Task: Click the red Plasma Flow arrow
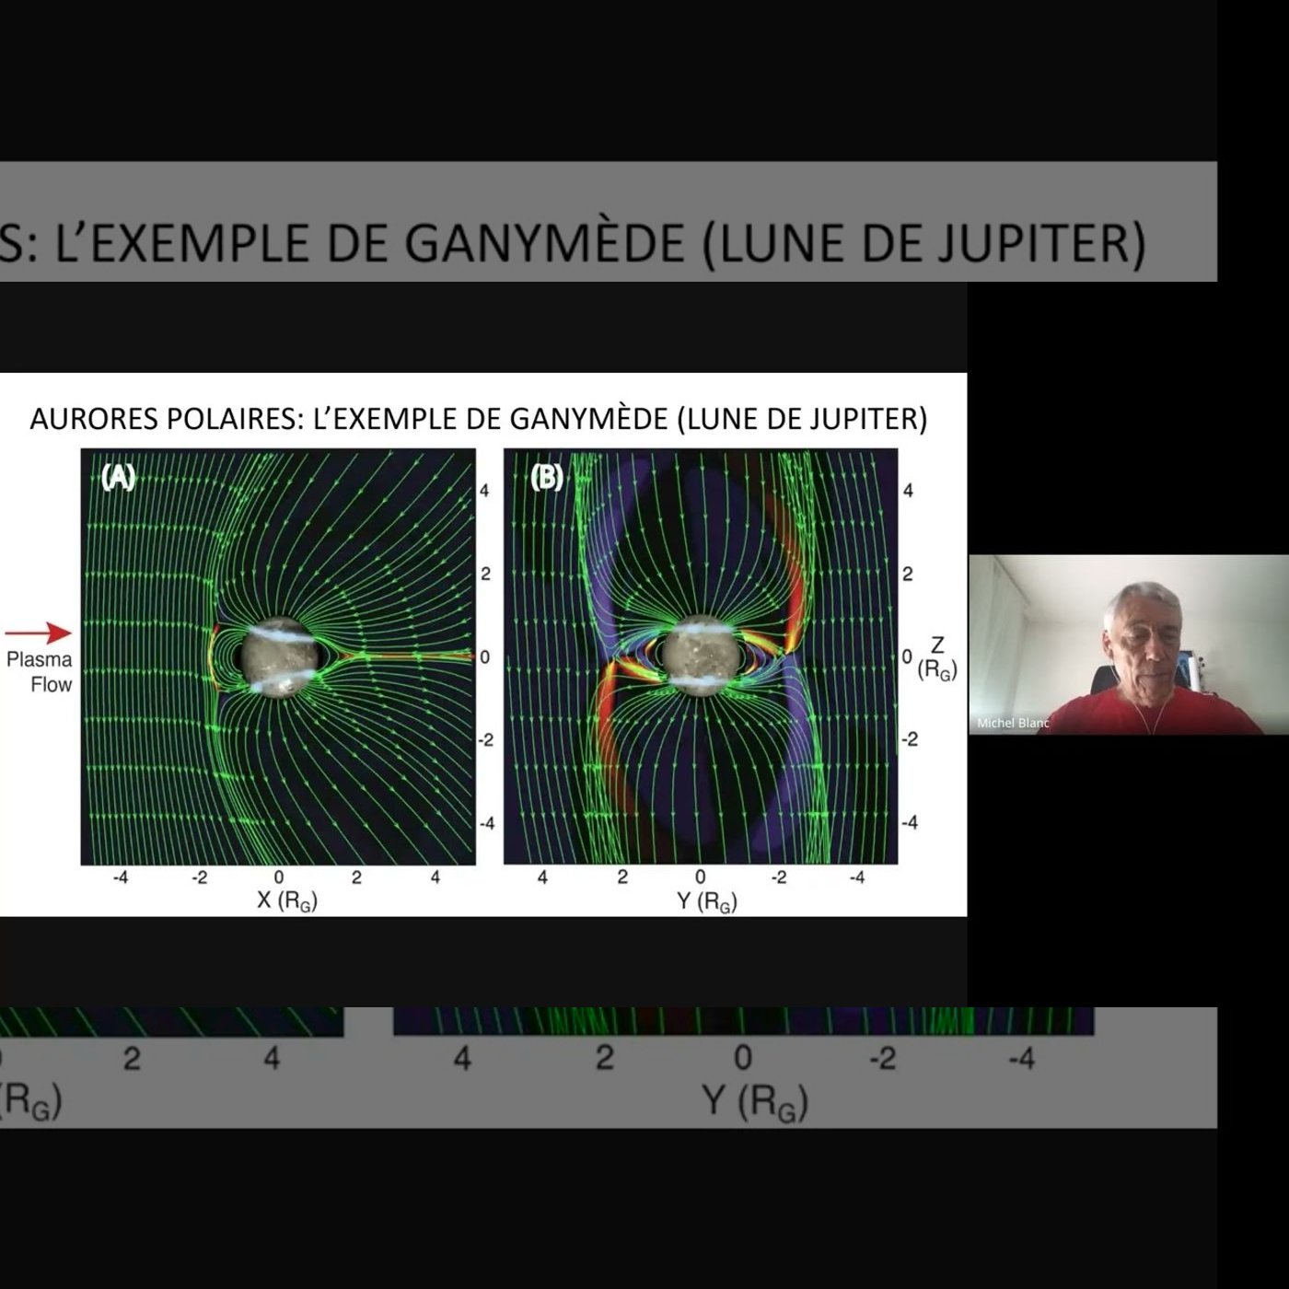coord(38,633)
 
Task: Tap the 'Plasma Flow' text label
coord(39,671)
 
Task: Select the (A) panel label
coord(118,478)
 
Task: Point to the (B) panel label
coord(547,478)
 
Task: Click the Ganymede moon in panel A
coord(279,657)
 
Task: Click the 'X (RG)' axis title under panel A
coord(287,901)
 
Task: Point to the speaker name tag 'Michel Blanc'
coord(1013,723)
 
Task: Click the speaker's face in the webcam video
coord(1141,641)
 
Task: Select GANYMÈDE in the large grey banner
coord(544,243)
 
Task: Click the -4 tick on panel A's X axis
coord(121,877)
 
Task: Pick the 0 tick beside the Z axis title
coord(906,656)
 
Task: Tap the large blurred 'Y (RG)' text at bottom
coord(755,1102)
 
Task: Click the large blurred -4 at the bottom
coord(1021,1058)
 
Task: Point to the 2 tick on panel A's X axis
coord(356,877)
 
